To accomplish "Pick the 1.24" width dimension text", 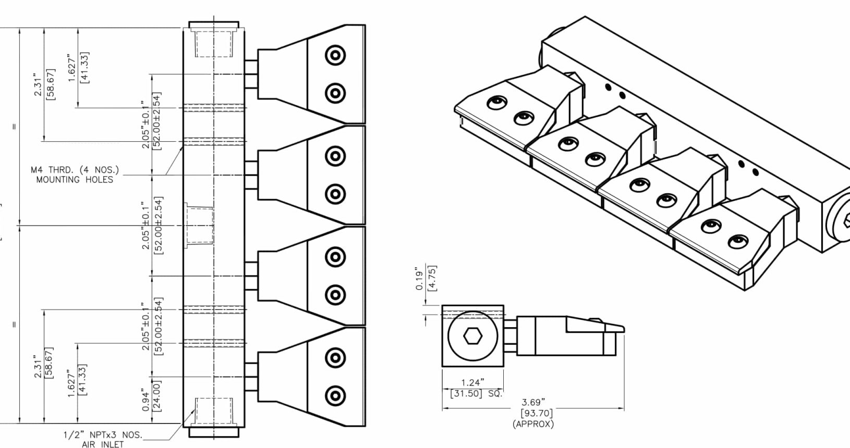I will click(472, 383).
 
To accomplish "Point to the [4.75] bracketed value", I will click(432, 279).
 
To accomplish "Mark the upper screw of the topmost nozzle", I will click(335, 55).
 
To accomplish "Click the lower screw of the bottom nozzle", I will click(335, 396).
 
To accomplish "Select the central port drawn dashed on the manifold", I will click(199, 225).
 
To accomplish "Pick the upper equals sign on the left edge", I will click(14, 127).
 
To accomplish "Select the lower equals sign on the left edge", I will click(14, 325).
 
